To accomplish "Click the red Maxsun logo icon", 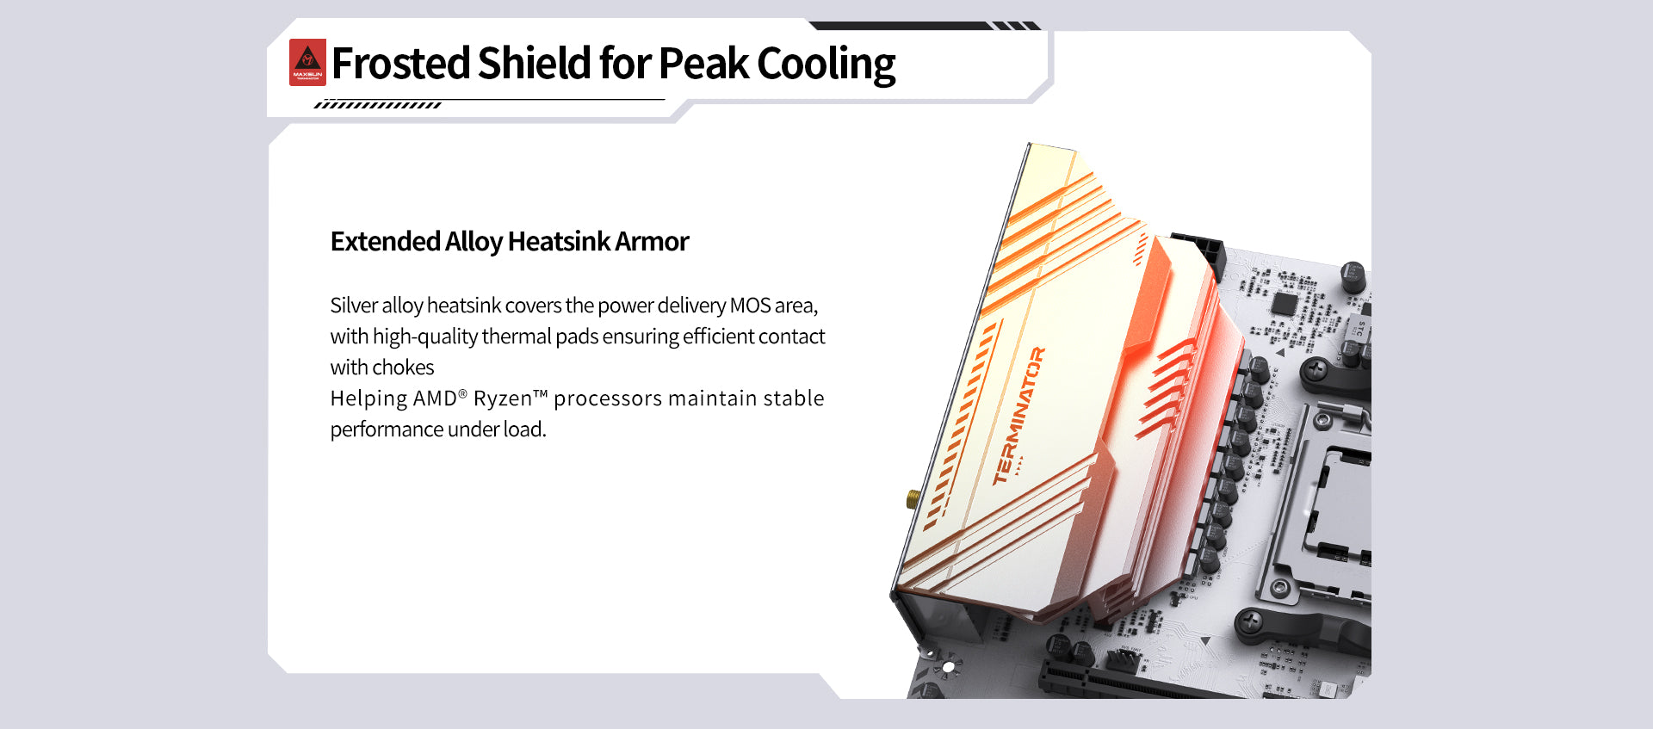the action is tap(307, 62).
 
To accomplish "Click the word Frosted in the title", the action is tap(400, 64).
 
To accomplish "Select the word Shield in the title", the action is tap(535, 64).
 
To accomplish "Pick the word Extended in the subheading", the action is tap(386, 242).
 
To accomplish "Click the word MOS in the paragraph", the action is tap(750, 306).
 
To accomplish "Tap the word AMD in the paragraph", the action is tap(436, 398).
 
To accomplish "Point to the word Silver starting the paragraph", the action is tap(353, 306).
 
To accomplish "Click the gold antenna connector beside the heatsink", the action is tap(913, 498).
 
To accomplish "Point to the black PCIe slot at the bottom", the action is tap(1145, 683).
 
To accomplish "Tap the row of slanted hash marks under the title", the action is tap(378, 105).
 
